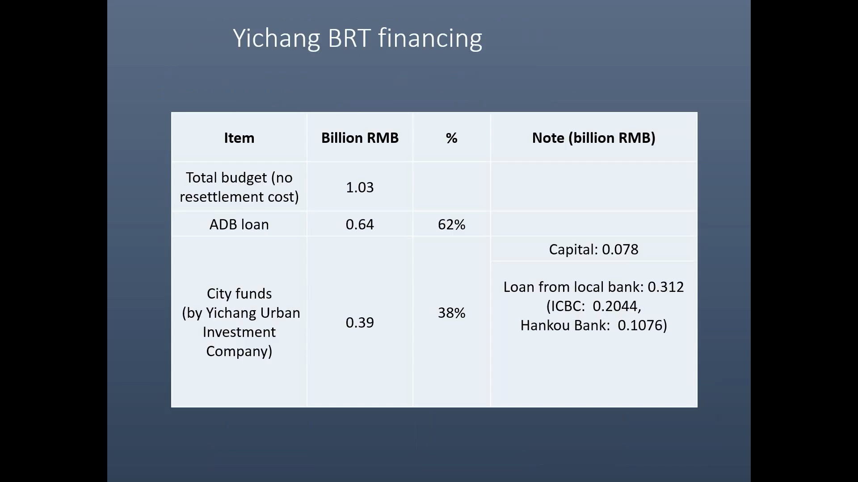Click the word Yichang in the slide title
point(276,38)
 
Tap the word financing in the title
point(430,38)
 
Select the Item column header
point(239,138)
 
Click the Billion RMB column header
point(360,138)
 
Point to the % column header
point(451,138)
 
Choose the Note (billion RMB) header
point(593,138)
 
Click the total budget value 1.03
point(360,187)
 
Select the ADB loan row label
point(239,224)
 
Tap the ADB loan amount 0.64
point(360,224)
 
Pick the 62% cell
point(451,224)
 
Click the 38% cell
point(451,313)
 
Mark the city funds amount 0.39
point(360,323)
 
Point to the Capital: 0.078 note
point(593,249)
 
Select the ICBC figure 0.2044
point(616,306)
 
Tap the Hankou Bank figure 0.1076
point(640,325)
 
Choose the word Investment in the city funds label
point(239,332)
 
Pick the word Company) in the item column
point(239,351)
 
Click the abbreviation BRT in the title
point(349,38)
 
